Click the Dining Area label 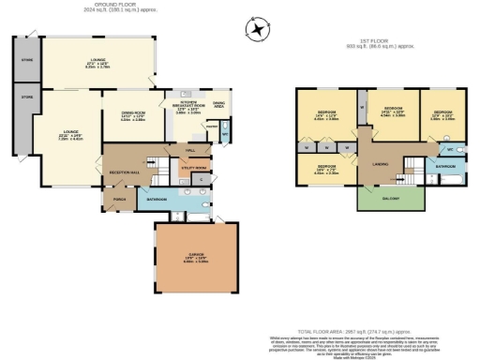pyautogui.click(x=218, y=104)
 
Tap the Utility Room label pyautogui.click(x=193, y=167)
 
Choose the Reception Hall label pyautogui.click(x=125, y=173)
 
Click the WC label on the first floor pyautogui.click(x=449, y=149)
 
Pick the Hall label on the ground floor pyautogui.click(x=190, y=149)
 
